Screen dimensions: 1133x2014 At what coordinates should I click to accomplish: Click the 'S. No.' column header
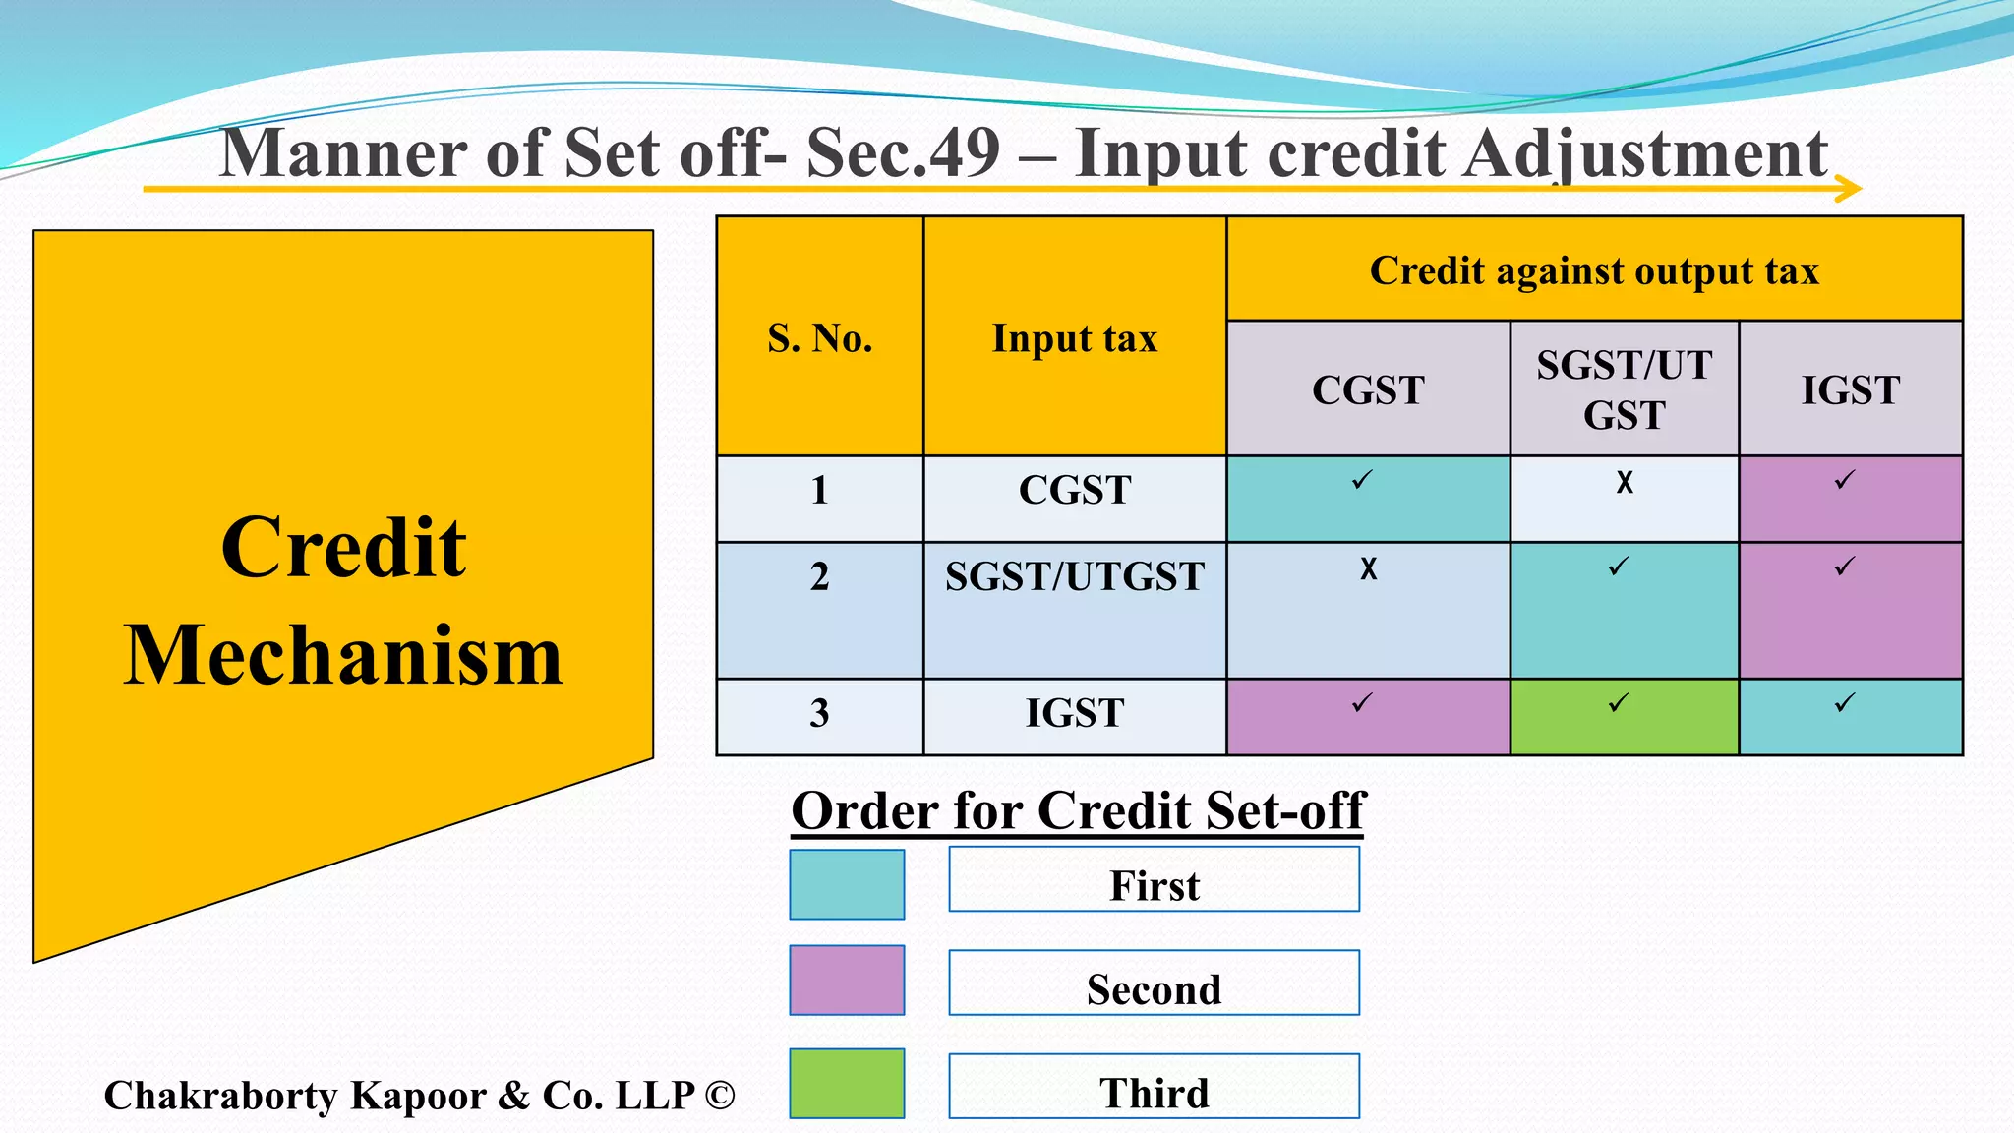pyautogui.click(x=820, y=338)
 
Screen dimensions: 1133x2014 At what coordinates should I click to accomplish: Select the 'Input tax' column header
pyautogui.click(x=1074, y=338)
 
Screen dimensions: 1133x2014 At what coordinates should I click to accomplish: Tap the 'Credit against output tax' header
pyautogui.click(x=1594, y=270)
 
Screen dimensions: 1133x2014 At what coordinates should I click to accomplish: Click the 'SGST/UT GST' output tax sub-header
pyautogui.click(x=1624, y=389)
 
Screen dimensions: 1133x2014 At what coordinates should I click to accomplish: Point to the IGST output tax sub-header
pyautogui.click(x=1850, y=390)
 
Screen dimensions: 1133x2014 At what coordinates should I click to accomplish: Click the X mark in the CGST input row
pyautogui.click(x=1625, y=482)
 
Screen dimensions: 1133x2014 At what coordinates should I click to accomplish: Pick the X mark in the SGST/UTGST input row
pyautogui.click(x=1368, y=568)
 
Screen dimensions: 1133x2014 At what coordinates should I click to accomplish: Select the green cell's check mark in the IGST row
pyautogui.click(x=1619, y=703)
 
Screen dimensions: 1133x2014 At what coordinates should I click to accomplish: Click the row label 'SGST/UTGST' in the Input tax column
pyautogui.click(x=1074, y=576)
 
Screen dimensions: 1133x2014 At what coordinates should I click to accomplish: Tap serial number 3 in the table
pyautogui.click(x=819, y=713)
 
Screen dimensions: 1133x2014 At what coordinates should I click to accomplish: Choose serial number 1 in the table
pyautogui.click(x=819, y=490)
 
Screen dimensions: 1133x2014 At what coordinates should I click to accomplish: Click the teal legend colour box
pyautogui.click(x=847, y=884)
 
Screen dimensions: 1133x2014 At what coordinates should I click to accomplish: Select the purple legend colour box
pyautogui.click(x=847, y=980)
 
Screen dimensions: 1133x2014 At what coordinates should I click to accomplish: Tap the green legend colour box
pyautogui.click(x=847, y=1083)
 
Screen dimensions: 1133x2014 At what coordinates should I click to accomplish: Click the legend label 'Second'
pyautogui.click(x=1154, y=989)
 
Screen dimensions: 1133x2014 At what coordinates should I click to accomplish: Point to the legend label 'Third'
pyautogui.click(x=1154, y=1093)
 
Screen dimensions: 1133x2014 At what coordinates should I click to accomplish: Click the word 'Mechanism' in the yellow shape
pyautogui.click(x=343, y=655)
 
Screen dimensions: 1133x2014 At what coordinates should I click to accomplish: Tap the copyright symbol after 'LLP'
pyautogui.click(x=720, y=1096)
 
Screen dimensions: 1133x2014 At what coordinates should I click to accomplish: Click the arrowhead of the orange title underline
pyautogui.click(x=1849, y=188)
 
